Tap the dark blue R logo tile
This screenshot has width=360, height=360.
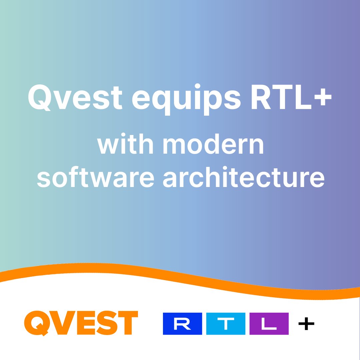182,324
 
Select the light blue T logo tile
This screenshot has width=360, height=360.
226,324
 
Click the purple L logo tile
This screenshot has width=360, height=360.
269,324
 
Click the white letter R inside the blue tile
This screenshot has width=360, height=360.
182,324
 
